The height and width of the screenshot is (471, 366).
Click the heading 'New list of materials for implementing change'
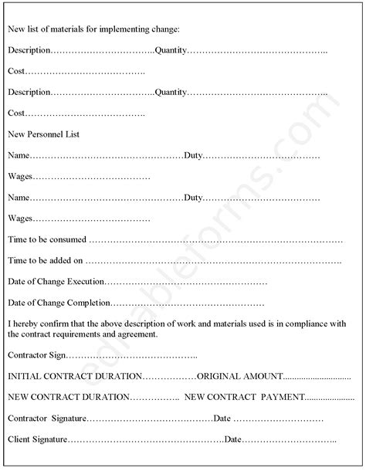pos(93,29)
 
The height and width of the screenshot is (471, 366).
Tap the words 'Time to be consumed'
pos(47,239)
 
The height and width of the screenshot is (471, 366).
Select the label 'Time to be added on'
pos(45,260)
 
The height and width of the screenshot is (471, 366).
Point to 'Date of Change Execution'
pos(55,281)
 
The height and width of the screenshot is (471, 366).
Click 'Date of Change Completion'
pos(59,303)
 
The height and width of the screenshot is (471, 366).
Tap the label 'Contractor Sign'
pos(37,355)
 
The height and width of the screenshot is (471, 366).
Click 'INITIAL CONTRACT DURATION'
pos(75,376)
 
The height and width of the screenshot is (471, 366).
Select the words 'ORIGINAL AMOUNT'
pos(240,376)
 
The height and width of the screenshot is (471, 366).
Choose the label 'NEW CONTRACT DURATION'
pos(69,397)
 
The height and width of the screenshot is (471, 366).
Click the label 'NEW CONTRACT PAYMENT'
pos(244,397)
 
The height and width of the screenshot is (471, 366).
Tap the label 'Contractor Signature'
pos(46,418)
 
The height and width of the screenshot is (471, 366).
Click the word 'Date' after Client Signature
pos(233,439)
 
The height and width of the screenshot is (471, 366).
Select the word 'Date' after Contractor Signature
pos(222,418)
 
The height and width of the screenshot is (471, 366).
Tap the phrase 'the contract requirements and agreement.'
pos(83,334)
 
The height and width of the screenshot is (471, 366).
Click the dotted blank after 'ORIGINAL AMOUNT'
pos(317,377)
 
